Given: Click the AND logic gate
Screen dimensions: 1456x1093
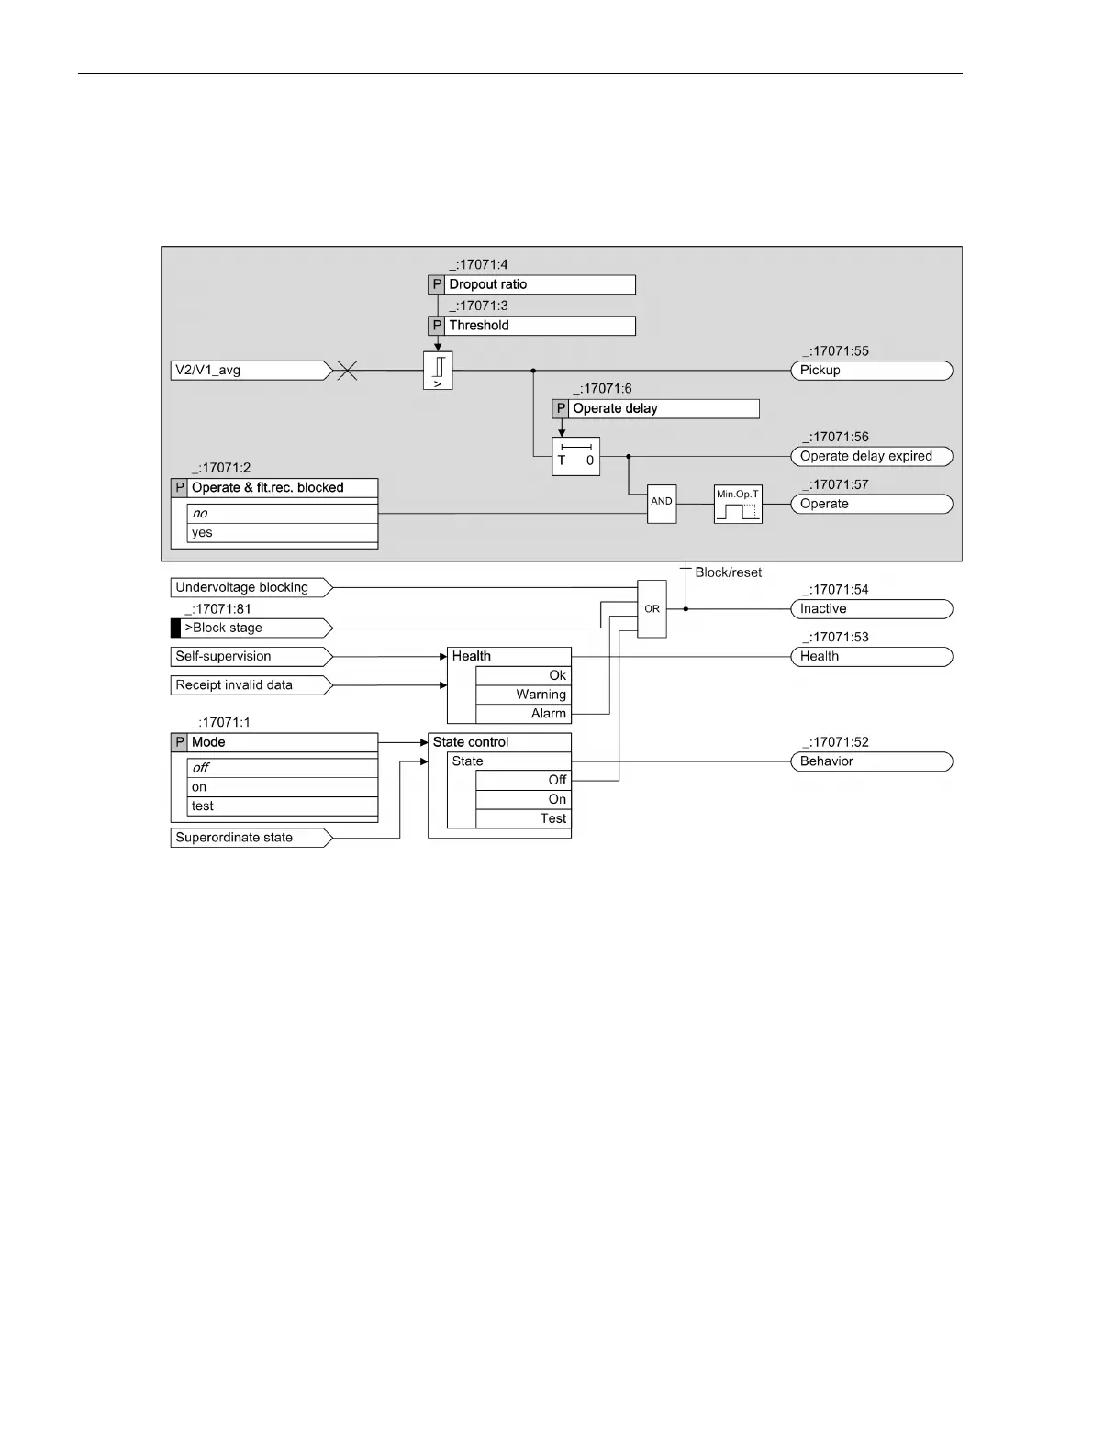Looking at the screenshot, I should (662, 504).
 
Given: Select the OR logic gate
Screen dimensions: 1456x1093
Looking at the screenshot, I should (652, 608).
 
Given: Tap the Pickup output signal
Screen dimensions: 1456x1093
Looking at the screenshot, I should (871, 371).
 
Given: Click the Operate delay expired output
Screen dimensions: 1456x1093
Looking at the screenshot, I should (871, 456).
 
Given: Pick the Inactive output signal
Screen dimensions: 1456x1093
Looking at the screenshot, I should (871, 609).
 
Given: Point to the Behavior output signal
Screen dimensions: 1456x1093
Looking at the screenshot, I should (871, 761).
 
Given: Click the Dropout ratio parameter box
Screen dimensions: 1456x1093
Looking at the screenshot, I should (531, 284).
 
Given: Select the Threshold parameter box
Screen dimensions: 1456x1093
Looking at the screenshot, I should (531, 326).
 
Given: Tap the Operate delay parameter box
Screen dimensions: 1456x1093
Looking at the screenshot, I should (655, 409).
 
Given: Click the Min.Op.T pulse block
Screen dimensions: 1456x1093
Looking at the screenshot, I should (738, 505).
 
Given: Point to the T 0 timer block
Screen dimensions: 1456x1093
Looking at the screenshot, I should (575, 456).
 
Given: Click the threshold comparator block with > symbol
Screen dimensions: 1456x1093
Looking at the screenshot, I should (438, 371).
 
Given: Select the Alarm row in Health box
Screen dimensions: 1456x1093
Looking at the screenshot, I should (522, 714).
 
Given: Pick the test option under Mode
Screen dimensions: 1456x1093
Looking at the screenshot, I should (281, 806).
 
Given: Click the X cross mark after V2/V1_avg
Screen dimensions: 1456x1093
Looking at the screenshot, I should (347, 371).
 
